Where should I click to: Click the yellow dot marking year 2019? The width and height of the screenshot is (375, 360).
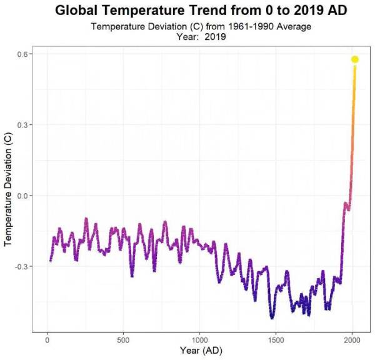354,59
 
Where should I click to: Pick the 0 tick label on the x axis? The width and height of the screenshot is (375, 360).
47,340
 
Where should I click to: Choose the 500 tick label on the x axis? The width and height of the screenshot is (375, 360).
123,340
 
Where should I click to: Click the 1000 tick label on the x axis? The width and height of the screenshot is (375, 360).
199,340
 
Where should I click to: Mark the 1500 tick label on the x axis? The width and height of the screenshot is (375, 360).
276,340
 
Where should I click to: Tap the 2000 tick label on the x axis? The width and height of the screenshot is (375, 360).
352,340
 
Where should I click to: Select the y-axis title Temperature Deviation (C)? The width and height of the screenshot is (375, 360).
9,194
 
